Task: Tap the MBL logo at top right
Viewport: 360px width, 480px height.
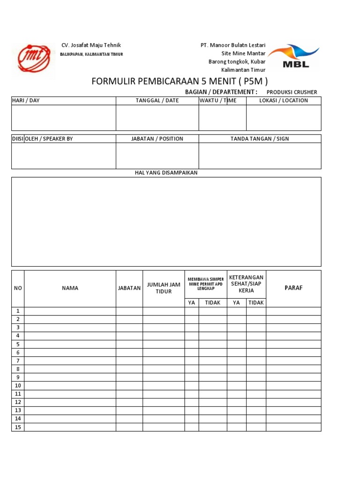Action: point(294,56)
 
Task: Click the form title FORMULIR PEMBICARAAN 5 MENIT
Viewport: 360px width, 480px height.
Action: point(180,81)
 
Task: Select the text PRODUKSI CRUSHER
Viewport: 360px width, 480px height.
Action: point(292,92)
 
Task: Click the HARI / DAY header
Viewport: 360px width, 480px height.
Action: point(26,101)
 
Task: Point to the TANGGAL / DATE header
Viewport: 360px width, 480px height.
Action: point(157,101)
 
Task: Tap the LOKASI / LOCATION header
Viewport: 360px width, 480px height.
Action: point(284,101)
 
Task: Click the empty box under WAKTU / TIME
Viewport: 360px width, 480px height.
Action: point(222,118)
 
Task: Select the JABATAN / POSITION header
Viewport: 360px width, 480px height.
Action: point(157,139)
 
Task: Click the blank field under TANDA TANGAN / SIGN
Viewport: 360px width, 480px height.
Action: point(260,156)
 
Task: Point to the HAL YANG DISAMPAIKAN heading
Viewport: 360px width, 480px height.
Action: point(166,173)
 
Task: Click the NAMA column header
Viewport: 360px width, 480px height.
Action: point(70,288)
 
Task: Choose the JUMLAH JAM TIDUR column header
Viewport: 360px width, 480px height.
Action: point(164,288)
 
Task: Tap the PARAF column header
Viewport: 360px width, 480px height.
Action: point(293,288)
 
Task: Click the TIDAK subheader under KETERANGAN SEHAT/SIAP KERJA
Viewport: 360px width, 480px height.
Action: point(256,303)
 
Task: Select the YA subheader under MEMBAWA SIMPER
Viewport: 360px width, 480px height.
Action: point(191,303)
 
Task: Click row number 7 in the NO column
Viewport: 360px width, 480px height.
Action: point(18,361)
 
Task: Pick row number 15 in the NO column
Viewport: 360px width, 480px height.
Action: point(18,427)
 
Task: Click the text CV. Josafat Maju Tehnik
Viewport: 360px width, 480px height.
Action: point(91,45)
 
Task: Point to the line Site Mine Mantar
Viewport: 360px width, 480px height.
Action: point(243,53)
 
